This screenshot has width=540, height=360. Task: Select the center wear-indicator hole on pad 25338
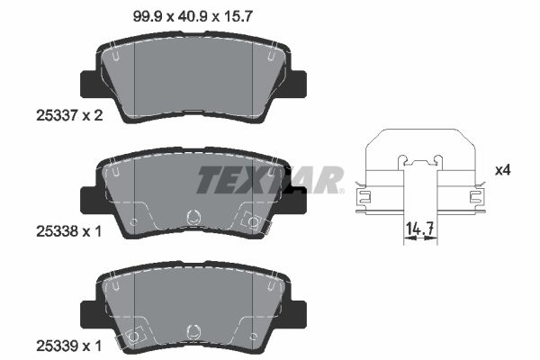pyautogui.click(x=191, y=217)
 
